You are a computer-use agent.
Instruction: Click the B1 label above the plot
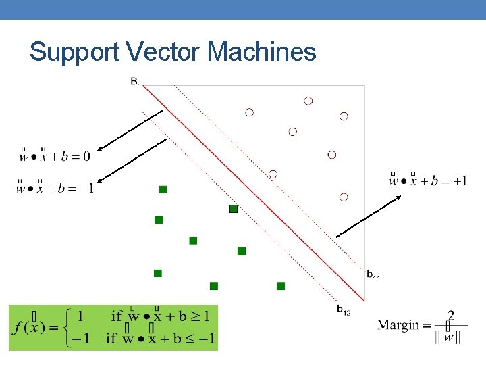pos(136,83)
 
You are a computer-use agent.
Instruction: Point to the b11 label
pos(373,275)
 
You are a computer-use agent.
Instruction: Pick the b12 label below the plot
pos(344,310)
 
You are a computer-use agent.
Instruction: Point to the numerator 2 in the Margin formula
pos(450,316)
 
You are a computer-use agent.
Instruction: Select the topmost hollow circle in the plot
pos(308,101)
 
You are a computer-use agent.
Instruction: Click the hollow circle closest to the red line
pos(273,174)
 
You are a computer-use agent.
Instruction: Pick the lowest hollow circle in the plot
pos(343,197)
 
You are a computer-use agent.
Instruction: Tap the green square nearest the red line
pos(234,209)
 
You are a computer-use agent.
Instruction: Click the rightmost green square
pos(281,286)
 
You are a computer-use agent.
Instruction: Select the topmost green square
pos(163,190)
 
